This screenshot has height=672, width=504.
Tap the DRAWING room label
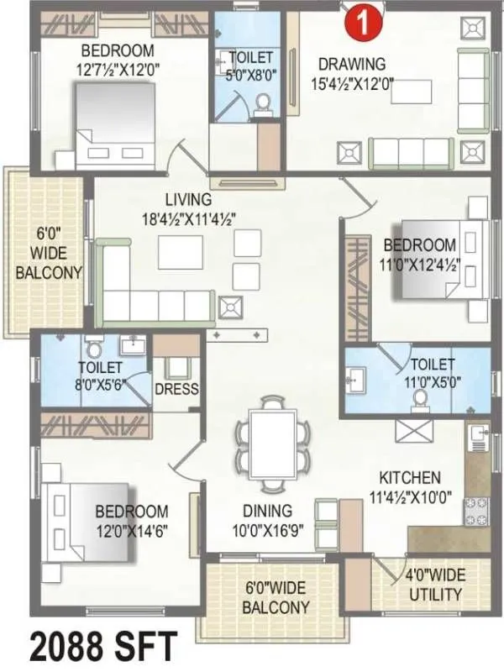click(x=351, y=64)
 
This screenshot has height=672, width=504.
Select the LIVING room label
click(x=188, y=200)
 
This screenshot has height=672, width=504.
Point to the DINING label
click(x=268, y=511)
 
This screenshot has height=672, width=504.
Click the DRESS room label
click(x=176, y=389)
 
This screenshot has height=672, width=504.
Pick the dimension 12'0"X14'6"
click(x=131, y=531)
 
